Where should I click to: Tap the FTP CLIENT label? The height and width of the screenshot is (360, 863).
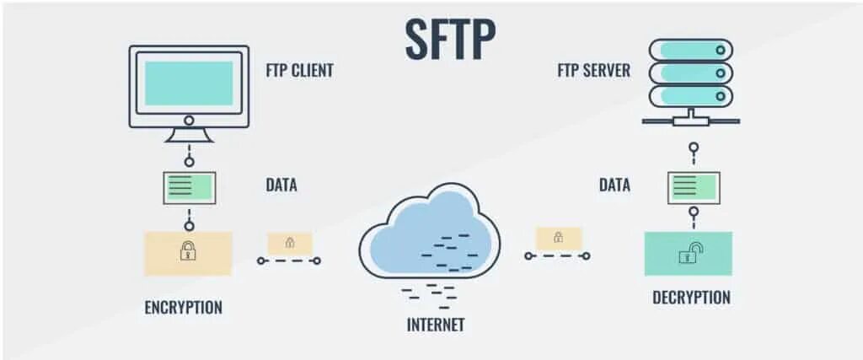[300, 70]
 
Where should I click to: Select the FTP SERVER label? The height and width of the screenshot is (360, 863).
[593, 70]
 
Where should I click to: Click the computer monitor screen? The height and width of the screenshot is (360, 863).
[189, 82]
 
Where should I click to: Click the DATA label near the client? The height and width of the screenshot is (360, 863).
[281, 185]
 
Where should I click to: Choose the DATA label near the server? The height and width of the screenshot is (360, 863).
[614, 185]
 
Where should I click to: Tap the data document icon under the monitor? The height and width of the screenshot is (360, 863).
[189, 187]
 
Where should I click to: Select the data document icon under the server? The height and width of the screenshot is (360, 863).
[694, 187]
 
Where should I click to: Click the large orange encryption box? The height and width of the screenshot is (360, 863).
[188, 253]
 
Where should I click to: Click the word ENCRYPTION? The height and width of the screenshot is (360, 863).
[183, 307]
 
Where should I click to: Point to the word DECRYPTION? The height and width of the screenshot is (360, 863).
[691, 298]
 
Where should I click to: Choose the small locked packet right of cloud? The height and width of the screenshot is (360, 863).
[558, 238]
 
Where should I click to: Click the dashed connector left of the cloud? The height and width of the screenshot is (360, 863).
[289, 261]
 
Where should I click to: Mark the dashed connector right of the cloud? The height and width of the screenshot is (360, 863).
[558, 255]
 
